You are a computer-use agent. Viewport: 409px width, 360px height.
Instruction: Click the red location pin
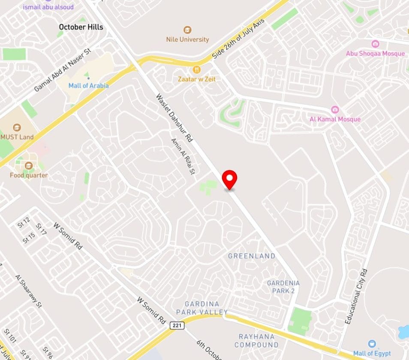click(229, 178)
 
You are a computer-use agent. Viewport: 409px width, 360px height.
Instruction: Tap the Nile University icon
click(187, 30)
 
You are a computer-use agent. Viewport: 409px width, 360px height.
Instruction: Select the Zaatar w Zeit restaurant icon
click(197, 69)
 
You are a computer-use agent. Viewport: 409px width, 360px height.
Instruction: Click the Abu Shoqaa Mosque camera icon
click(375, 44)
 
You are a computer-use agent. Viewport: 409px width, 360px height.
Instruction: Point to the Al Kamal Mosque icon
click(335, 110)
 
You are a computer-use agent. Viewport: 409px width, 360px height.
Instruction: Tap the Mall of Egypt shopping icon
click(372, 344)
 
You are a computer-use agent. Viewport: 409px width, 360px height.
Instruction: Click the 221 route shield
click(177, 325)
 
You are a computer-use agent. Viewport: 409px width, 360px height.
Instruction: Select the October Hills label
click(81, 27)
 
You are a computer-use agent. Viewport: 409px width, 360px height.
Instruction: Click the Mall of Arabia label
click(88, 85)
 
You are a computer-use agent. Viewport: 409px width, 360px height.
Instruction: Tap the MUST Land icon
click(17, 127)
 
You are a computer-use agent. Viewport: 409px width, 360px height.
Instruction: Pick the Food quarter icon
click(29, 165)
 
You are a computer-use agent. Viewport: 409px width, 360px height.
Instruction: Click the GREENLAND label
click(252, 256)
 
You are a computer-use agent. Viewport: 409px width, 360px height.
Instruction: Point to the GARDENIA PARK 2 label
click(283, 287)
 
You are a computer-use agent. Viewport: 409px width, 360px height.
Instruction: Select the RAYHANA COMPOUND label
click(256, 341)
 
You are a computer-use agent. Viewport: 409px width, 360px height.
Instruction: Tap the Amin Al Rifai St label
click(183, 156)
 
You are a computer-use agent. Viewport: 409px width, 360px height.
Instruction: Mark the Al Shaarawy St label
click(28, 291)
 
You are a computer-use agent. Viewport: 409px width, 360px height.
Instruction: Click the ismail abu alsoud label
click(48, 7)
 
